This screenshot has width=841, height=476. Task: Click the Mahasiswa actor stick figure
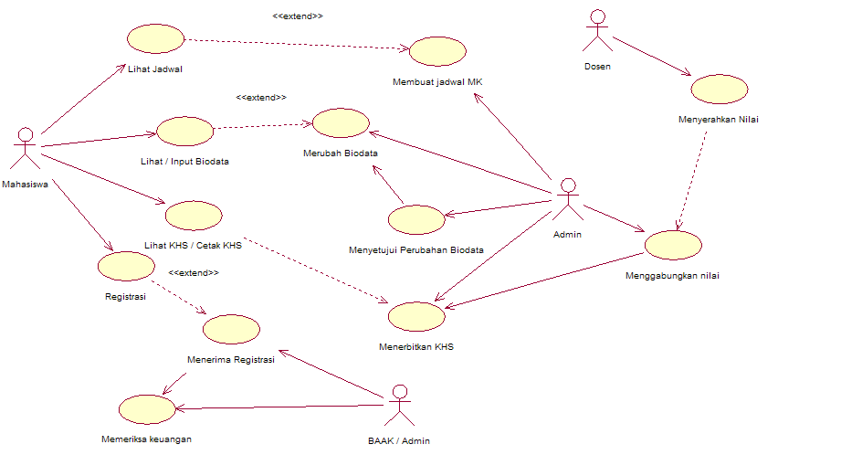click(26, 149)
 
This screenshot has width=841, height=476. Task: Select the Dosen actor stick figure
click(598, 33)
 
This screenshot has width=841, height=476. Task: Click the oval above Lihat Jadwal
click(155, 39)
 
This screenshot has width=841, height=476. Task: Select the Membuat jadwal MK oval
click(437, 51)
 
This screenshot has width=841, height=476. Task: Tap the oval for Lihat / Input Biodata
click(184, 131)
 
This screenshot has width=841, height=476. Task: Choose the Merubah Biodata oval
click(341, 123)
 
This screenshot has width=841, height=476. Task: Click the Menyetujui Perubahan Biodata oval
click(415, 219)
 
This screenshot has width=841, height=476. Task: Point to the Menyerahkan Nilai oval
click(720, 90)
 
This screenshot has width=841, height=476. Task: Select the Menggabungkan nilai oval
click(673, 246)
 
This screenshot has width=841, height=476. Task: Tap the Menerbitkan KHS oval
click(416, 316)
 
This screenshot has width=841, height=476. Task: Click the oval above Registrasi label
click(125, 266)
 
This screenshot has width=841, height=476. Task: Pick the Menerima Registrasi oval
click(231, 330)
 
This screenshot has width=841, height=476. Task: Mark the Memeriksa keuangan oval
click(146, 409)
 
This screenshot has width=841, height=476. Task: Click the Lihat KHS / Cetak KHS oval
click(194, 216)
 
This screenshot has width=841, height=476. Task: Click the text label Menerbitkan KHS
click(416, 347)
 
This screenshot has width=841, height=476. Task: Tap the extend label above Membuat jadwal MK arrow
click(298, 16)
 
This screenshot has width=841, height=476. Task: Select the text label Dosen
click(597, 67)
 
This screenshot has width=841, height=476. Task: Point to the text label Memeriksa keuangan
click(146, 439)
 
